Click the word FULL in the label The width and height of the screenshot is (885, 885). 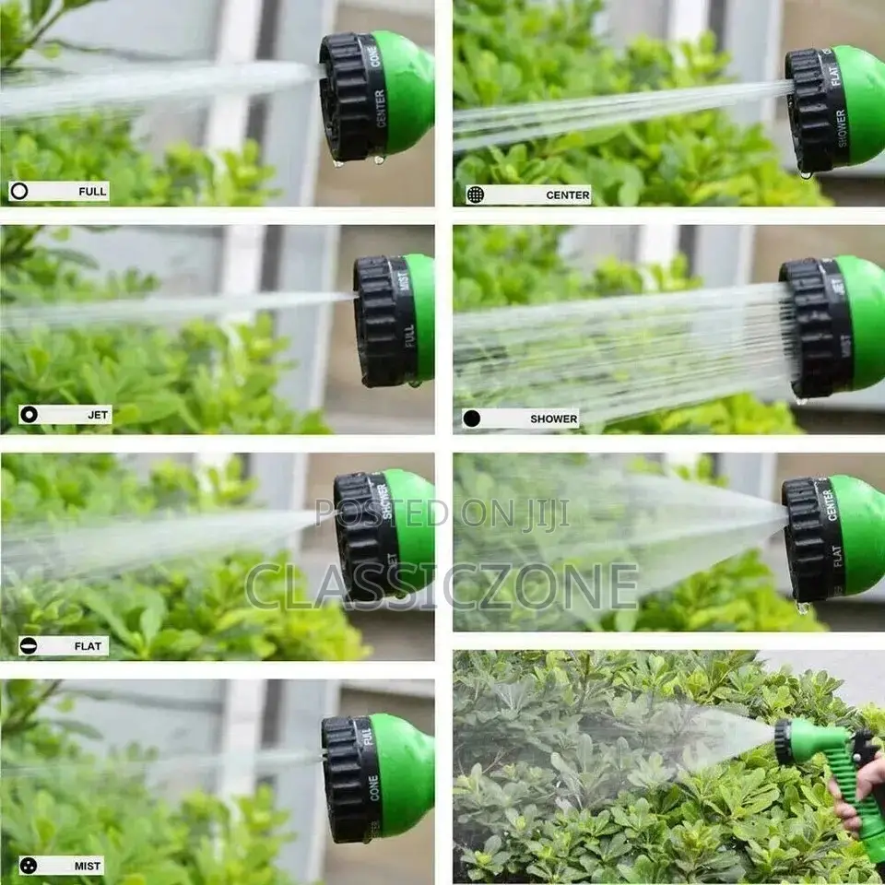(92, 192)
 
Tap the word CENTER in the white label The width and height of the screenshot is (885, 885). (568, 195)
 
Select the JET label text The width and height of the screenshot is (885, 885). (99, 415)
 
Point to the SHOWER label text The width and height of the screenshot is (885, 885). (553, 419)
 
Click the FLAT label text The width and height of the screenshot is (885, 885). (91, 646)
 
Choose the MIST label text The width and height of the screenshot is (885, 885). (88, 866)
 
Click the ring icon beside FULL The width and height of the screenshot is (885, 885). (19, 192)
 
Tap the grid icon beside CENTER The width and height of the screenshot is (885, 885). (475, 195)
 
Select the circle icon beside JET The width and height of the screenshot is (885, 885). (29, 415)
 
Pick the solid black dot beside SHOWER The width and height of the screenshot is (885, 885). (472, 419)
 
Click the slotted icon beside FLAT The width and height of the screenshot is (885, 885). (29, 646)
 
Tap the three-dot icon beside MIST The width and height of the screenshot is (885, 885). (29, 866)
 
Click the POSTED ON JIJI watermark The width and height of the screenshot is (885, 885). (442, 513)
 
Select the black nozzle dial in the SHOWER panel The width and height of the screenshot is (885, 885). (816, 327)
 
